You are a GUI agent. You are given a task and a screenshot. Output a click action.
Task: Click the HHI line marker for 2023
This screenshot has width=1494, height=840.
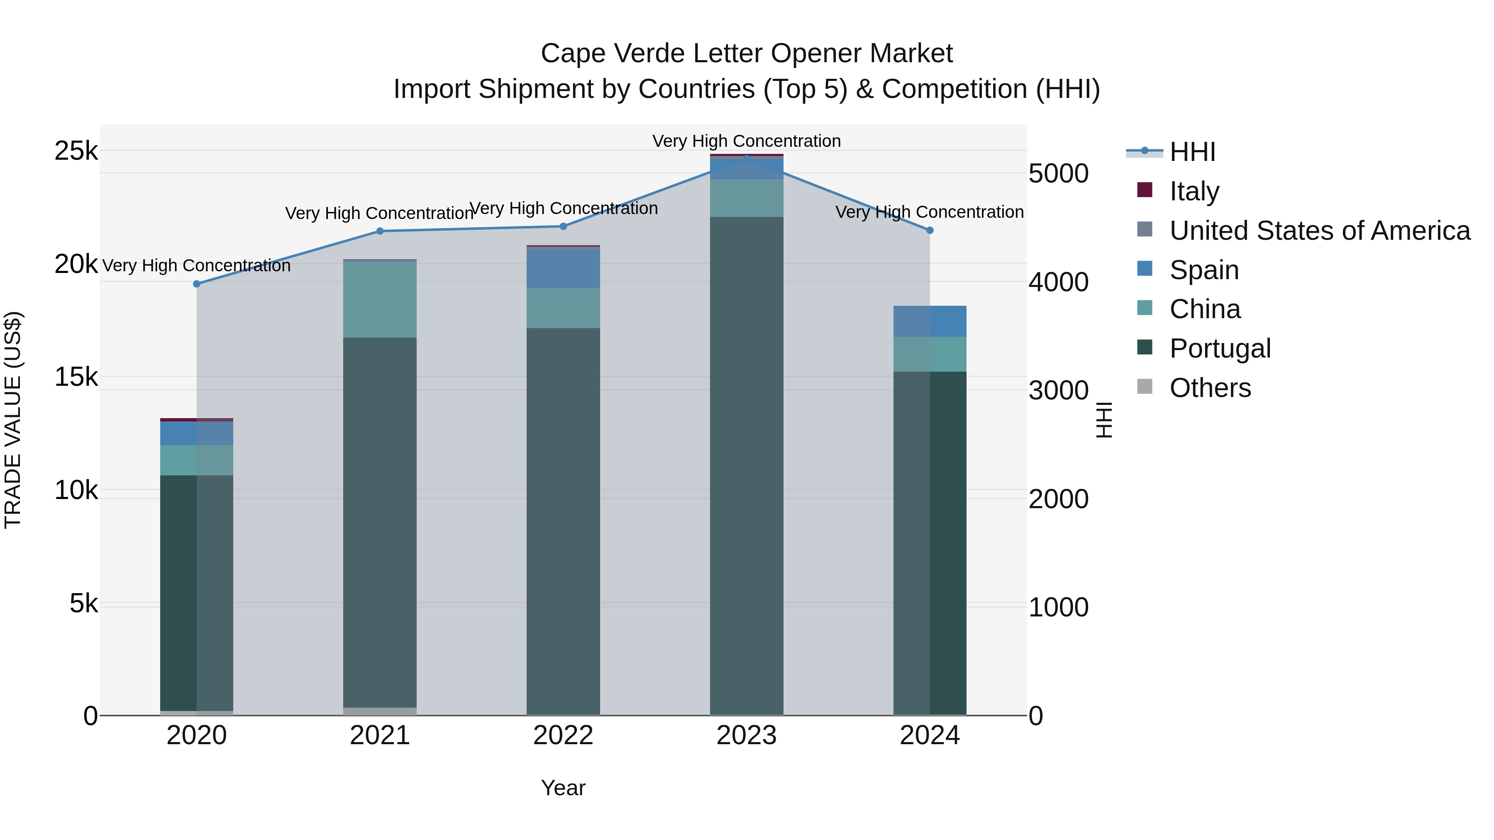747,158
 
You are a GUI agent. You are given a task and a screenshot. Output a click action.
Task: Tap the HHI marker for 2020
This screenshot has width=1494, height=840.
197,284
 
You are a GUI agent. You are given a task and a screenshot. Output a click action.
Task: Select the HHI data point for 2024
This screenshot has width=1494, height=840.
930,230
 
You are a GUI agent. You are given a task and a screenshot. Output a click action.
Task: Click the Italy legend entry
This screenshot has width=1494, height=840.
1194,191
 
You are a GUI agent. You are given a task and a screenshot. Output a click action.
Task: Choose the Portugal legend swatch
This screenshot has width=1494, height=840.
1145,348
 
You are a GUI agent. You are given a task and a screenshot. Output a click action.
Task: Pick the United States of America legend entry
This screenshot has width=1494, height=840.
1319,230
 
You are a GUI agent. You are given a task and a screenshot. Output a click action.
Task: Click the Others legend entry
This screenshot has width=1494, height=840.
1210,388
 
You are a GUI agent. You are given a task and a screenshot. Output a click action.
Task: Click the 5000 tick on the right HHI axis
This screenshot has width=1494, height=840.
1058,173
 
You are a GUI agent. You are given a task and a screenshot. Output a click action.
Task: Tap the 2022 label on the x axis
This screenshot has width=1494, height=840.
563,735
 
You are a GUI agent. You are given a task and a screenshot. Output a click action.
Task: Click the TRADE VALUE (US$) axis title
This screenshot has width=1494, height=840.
13,420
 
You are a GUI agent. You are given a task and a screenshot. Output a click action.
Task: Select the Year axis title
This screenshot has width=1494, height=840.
563,788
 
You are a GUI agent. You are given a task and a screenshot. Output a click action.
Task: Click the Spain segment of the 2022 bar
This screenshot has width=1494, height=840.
563,268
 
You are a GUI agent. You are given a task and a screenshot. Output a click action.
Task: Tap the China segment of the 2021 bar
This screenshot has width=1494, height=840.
380,300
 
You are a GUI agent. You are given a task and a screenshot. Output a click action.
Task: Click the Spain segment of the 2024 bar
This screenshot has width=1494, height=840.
930,321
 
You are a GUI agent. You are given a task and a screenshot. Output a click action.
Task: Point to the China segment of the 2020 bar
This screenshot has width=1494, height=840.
197,460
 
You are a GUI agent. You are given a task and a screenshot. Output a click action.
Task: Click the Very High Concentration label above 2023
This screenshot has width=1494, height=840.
747,141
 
